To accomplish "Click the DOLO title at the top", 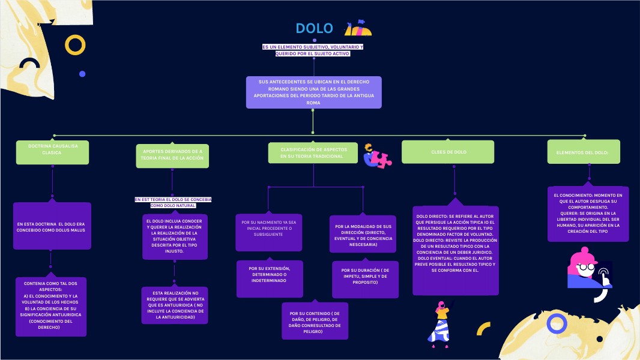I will click(314, 28).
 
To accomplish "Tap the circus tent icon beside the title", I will click(358, 28).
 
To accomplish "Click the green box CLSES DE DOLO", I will click(448, 152).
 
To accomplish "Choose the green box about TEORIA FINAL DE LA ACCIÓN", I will click(172, 154).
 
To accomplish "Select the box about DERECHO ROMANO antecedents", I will click(313, 92).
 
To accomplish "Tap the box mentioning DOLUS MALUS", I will click(52, 226).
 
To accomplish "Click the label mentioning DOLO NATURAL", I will click(173, 202).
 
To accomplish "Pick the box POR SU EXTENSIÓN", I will click(269, 278).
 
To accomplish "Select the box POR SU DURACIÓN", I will click(365, 278).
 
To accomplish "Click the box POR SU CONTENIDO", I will click(315, 322).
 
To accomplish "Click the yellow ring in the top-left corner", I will click(75, 45).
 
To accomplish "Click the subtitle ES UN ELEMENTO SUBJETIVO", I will click(312, 50).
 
